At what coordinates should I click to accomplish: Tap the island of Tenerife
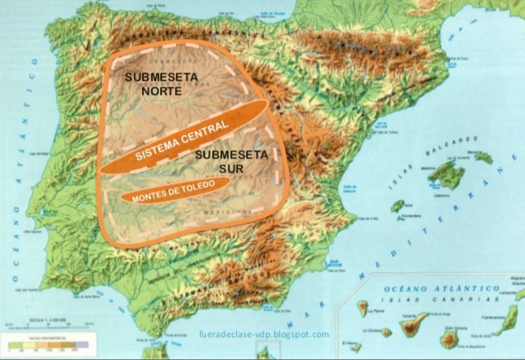pyautogui.click(x=413, y=325)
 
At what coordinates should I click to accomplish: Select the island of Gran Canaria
pyautogui.click(x=450, y=338)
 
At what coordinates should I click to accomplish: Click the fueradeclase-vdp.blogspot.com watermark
pyautogui.click(x=264, y=334)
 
